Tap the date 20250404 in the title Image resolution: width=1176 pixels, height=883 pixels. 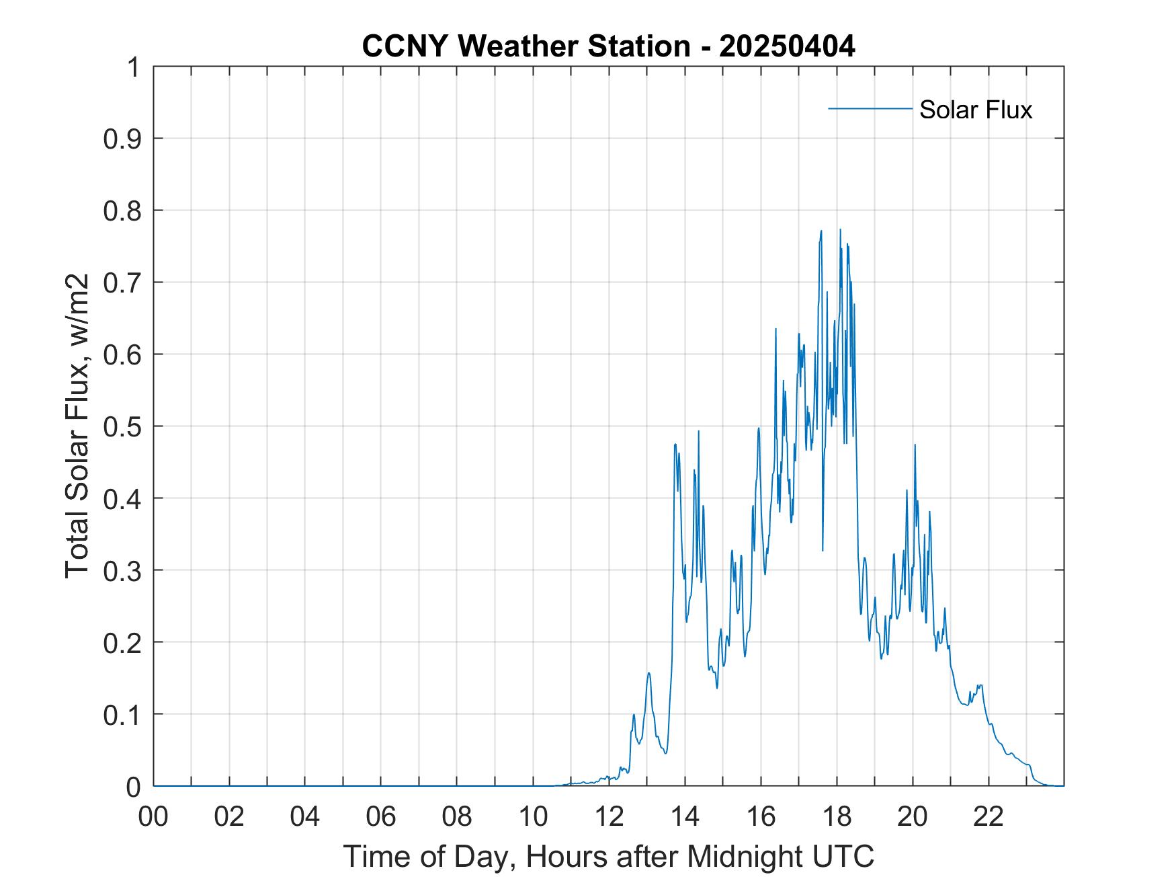tap(787, 46)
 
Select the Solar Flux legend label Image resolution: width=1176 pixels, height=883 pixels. tap(975, 109)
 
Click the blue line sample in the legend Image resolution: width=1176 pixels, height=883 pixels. tap(870, 108)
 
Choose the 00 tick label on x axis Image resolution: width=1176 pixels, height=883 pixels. tap(153, 817)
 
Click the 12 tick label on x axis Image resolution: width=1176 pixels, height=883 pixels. tap(609, 817)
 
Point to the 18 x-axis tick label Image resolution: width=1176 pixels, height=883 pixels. tap(837, 817)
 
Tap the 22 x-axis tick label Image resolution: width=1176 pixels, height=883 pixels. tap(989, 817)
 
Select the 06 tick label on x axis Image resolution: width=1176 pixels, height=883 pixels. tap(381, 817)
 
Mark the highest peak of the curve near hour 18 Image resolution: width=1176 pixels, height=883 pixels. tap(840, 230)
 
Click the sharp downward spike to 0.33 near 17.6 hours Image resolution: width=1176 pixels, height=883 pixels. tap(823, 549)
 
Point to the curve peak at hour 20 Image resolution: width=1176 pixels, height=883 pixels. tap(915, 445)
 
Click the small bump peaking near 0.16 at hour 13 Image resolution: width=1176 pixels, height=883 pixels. tap(648, 673)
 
